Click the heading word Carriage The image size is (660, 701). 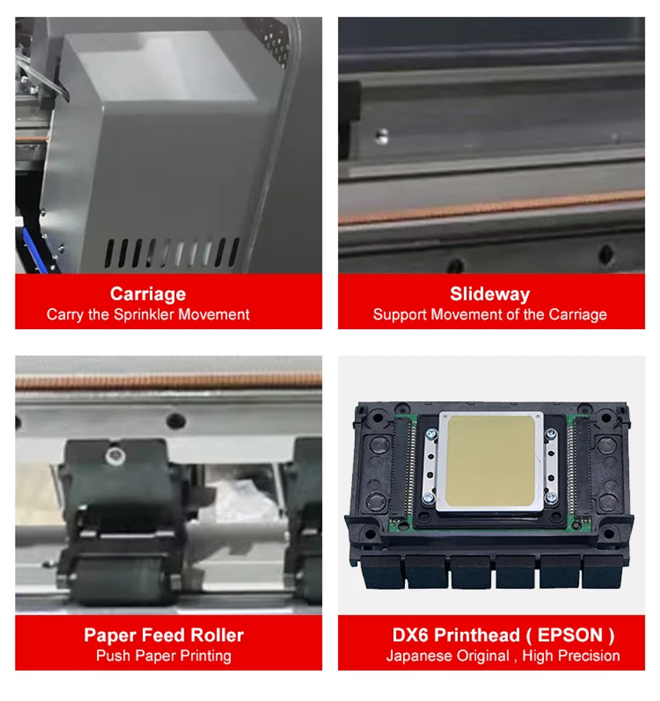click(148, 294)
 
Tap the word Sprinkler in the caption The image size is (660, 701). click(144, 314)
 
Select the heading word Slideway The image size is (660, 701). click(490, 294)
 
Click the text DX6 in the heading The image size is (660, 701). click(410, 635)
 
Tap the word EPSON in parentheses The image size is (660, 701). click(570, 635)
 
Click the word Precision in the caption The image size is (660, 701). click(593, 656)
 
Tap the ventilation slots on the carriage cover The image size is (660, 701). click(172, 253)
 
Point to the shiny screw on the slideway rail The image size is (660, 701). click(382, 136)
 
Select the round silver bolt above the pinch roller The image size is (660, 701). click(115, 454)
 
